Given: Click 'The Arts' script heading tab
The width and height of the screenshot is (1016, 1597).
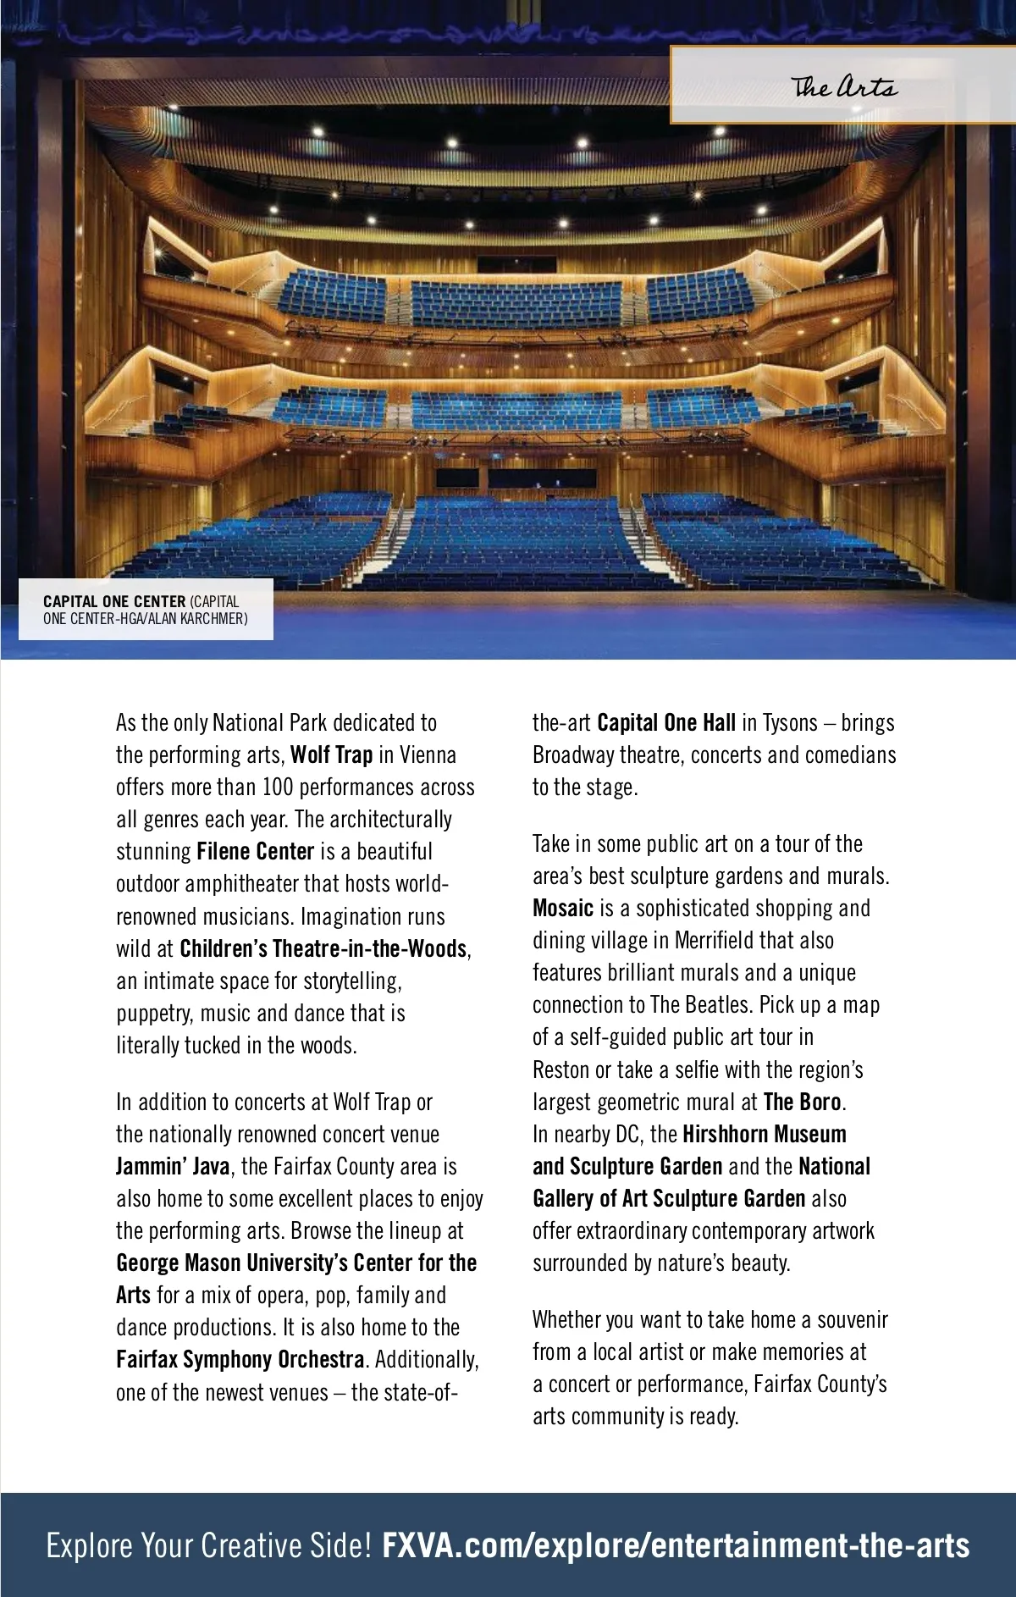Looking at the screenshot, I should pos(844,87).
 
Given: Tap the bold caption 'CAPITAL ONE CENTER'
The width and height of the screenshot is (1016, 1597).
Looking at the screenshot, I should pos(114,602).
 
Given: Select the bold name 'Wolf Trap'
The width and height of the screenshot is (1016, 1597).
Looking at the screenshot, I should pos(331,754).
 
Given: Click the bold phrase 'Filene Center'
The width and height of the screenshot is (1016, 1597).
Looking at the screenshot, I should pos(255,851).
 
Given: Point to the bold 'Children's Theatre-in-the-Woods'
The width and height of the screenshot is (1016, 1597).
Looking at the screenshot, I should pos(323,948).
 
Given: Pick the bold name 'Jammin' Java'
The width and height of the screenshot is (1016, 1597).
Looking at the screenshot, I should pos(172,1167).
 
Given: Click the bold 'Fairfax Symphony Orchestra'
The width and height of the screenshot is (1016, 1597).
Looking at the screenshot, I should pos(240,1360).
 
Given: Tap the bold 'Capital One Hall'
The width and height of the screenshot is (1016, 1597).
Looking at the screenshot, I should pos(665,723).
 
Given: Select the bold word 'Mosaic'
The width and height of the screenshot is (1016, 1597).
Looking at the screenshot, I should pos(563,909).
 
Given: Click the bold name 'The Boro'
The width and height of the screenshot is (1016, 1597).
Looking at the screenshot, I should pos(802,1102).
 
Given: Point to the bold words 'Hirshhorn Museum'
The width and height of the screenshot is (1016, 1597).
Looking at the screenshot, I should pos(764,1135).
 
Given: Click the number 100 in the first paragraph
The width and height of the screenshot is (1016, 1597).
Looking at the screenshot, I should pos(277,787).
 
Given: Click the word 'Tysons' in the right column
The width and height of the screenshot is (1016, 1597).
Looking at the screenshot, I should pos(791,723).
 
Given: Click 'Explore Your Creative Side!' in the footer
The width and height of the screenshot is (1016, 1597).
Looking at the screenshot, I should pos(209,1545).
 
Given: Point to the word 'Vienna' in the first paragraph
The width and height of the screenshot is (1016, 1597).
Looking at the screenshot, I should pos(428,754).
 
